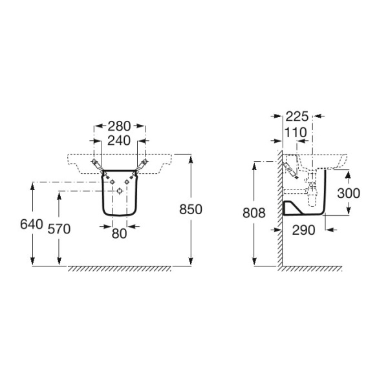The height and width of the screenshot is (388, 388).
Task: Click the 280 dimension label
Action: [x=119, y=126]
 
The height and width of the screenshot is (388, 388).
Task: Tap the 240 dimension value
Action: [x=119, y=140]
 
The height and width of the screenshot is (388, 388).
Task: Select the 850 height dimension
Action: [x=191, y=210]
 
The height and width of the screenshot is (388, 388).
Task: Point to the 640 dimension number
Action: [x=32, y=224]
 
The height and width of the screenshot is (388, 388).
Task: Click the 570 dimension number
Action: [x=59, y=229]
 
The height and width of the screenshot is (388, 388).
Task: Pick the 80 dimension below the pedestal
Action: [x=119, y=233]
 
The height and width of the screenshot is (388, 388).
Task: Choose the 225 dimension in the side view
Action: [x=297, y=116]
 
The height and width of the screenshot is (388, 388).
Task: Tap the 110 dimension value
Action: [x=296, y=133]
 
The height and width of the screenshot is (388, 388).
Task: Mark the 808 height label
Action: [x=254, y=213]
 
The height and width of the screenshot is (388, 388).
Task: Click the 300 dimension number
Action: [x=349, y=193]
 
